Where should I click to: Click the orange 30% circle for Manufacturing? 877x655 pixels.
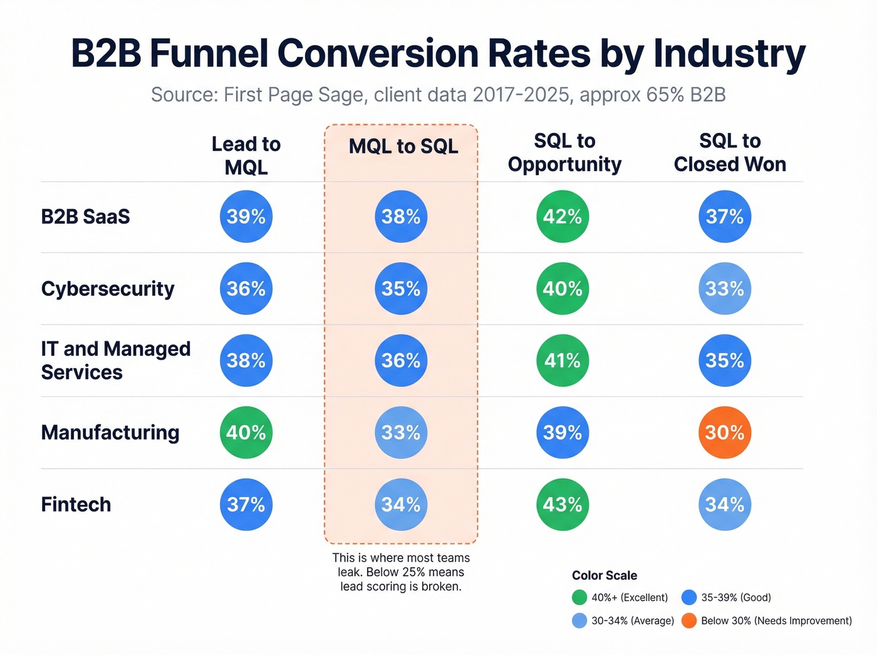point(724,432)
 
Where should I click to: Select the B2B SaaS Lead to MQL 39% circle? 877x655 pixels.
point(246,217)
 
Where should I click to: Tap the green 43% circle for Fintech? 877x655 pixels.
point(563,505)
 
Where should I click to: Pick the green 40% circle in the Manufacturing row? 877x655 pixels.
point(246,432)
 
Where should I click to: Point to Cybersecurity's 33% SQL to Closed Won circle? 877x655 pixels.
point(724,289)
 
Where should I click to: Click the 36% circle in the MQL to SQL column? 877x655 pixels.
point(401,360)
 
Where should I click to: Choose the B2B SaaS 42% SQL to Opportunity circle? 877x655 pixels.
point(563,217)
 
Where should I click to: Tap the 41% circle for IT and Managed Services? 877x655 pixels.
point(563,360)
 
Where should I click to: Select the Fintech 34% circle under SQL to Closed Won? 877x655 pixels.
point(724,505)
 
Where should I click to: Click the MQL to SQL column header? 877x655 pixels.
point(403,147)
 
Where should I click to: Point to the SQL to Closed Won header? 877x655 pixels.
point(730,152)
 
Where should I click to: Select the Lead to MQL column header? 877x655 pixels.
point(246,155)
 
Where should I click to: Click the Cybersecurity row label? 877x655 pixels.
point(108,289)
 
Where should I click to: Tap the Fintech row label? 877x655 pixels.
point(76,505)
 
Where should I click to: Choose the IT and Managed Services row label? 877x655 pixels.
point(115,360)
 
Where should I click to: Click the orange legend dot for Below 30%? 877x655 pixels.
point(689,621)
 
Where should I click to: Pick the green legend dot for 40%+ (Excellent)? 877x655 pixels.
point(579,597)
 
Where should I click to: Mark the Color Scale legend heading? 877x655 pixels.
point(604,575)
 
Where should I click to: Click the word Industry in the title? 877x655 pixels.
point(729,54)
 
